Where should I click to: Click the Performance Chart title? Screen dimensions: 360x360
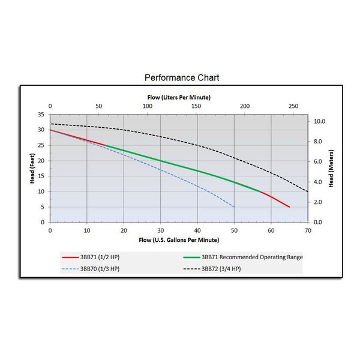(x=182, y=78)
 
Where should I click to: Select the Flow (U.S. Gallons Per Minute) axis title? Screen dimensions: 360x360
(x=179, y=241)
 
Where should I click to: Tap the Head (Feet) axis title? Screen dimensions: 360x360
(x=33, y=168)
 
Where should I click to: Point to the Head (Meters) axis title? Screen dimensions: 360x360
(x=331, y=168)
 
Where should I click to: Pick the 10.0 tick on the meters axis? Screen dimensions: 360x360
(x=320, y=121)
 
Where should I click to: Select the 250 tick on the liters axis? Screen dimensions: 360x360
(x=293, y=106)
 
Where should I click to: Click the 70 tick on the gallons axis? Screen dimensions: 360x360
(x=308, y=230)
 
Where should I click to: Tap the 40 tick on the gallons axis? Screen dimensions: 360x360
(x=197, y=230)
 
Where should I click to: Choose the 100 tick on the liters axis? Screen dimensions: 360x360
(x=147, y=106)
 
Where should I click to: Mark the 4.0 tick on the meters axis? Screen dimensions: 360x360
(x=319, y=182)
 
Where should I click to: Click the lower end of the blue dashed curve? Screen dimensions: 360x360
(x=234, y=207)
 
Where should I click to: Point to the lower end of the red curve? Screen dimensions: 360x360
(x=290, y=207)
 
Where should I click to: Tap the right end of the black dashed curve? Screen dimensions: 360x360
(x=308, y=191)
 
